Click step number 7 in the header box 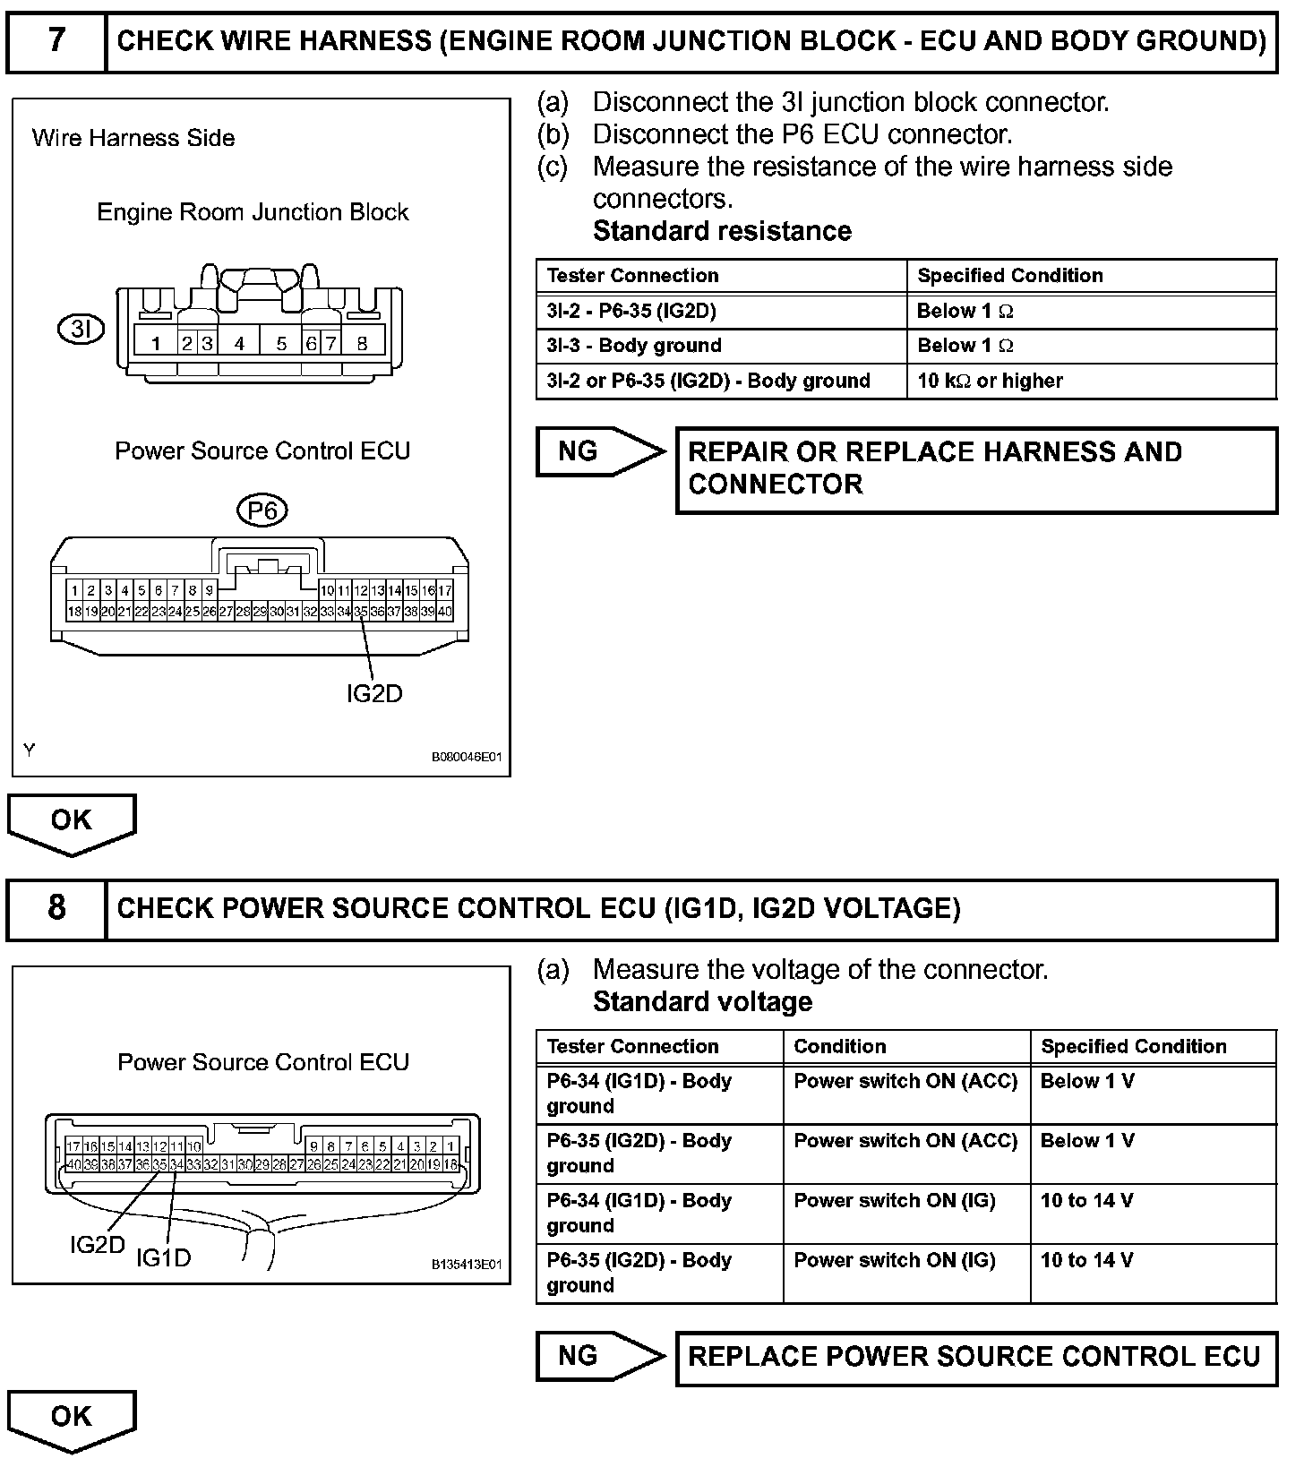pos(56,41)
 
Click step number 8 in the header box pos(56,908)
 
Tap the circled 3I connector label pos(81,330)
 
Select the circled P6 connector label pos(262,511)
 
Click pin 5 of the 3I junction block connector pos(281,343)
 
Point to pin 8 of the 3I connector pos(362,343)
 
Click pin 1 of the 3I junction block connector pos(156,343)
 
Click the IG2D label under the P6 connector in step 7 pos(374,694)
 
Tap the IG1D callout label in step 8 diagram pos(163,1258)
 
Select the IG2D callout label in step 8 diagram pos(97,1245)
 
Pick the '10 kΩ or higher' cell pos(990,381)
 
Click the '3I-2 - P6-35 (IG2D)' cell pos(631,312)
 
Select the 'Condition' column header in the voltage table pos(840,1046)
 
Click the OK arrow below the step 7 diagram pos(72,822)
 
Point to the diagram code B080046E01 pos(467,757)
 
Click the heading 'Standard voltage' pos(702,1001)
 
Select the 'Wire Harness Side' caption pos(133,138)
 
